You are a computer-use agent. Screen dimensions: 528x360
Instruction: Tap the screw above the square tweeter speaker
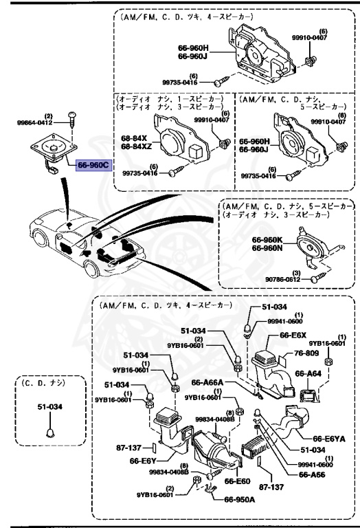[x=72, y=128]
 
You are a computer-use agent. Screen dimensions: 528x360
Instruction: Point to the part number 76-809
[x=306, y=353]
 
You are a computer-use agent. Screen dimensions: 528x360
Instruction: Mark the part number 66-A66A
[x=205, y=382]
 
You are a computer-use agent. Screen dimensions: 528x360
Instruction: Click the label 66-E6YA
[x=330, y=438]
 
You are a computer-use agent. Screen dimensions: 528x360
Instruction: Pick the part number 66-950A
[x=238, y=499]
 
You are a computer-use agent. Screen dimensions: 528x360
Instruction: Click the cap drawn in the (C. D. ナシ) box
[x=49, y=432]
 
